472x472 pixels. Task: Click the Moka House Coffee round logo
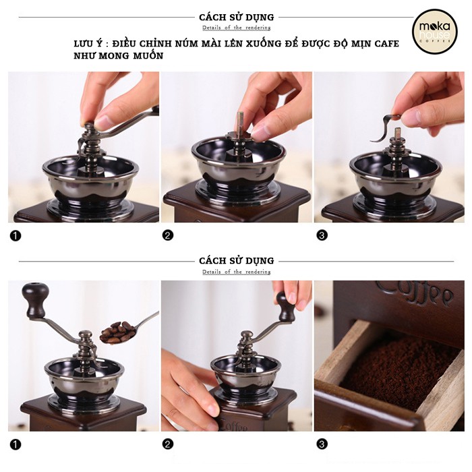pyautogui.click(x=435, y=32)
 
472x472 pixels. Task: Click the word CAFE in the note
pyautogui.click(x=387, y=44)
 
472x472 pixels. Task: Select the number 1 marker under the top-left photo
pyautogui.click(x=16, y=235)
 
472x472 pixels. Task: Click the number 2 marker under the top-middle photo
pyautogui.click(x=168, y=235)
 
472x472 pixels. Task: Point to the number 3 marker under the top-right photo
pyautogui.click(x=322, y=235)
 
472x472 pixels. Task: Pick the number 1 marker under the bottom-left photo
pyautogui.click(x=16, y=444)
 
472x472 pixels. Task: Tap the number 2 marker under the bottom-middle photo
pyautogui.click(x=168, y=444)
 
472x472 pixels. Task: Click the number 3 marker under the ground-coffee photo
pyautogui.click(x=322, y=444)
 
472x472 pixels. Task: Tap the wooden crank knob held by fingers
pyautogui.click(x=285, y=307)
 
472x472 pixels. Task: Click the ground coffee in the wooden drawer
pyautogui.click(x=397, y=374)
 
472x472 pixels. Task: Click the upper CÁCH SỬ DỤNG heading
pyautogui.click(x=237, y=17)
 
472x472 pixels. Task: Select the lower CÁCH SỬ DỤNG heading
pyautogui.click(x=237, y=261)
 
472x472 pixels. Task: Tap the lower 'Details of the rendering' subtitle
pyautogui.click(x=237, y=272)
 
